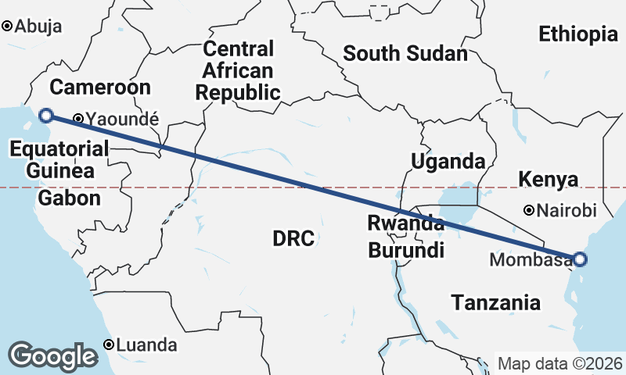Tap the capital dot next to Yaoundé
click(x=78, y=120)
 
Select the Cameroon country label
click(x=99, y=87)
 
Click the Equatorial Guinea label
click(x=59, y=159)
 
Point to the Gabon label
click(x=70, y=198)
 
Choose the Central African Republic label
click(x=238, y=71)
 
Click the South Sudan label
click(x=405, y=54)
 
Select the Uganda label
click(x=448, y=162)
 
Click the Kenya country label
click(x=549, y=180)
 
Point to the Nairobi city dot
click(x=530, y=210)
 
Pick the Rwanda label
click(x=406, y=224)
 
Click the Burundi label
click(x=406, y=251)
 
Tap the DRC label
click(x=293, y=238)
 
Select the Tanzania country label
click(x=495, y=302)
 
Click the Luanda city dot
click(x=110, y=345)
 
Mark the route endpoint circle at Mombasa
click(x=580, y=259)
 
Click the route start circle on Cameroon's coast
click(x=46, y=116)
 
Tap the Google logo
click(x=53, y=355)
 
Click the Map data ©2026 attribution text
click(x=560, y=364)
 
